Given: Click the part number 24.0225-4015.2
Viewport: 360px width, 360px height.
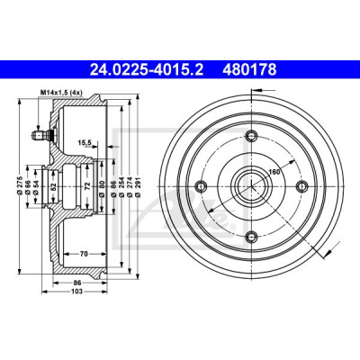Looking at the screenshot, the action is pyautogui.click(x=147, y=69).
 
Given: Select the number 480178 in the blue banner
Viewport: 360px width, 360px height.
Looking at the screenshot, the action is pyautogui.click(x=249, y=69).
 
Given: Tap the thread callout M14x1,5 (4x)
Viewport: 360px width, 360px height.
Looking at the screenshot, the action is pyautogui.click(x=61, y=93).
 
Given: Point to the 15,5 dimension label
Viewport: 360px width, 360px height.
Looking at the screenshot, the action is pyautogui.click(x=85, y=143).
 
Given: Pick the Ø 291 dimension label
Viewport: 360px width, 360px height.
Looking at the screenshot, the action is pyautogui.click(x=138, y=186).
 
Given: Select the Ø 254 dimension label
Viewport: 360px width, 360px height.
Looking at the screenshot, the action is pyautogui.click(x=121, y=186).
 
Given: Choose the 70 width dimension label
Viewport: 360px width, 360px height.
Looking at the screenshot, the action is pyautogui.click(x=84, y=254).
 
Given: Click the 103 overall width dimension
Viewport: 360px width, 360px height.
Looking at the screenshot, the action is pyautogui.click(x=77, y=291).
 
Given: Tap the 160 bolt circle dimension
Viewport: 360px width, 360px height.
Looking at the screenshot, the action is pyautogui.click(x=274, y=172).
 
